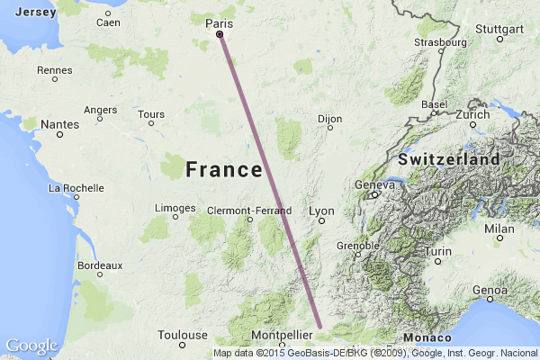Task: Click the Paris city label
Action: [x=220, y=22]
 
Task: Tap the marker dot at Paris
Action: [x=220, y=34]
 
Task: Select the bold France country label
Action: [x=224, y=168]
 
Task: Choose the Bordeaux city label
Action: [x=100, y=265]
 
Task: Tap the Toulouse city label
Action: [x=183, y=334]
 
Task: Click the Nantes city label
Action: [x=59, y=123]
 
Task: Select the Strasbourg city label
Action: [x=440, y=41]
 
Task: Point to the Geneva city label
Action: [x=375, y=184]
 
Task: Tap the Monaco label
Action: [x=422, y=337]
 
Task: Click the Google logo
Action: [x=31, y=346]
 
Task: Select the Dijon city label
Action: [x=330, y=118]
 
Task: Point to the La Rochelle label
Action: [x=76, y=188]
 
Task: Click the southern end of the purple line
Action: [x=319, y=326]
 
